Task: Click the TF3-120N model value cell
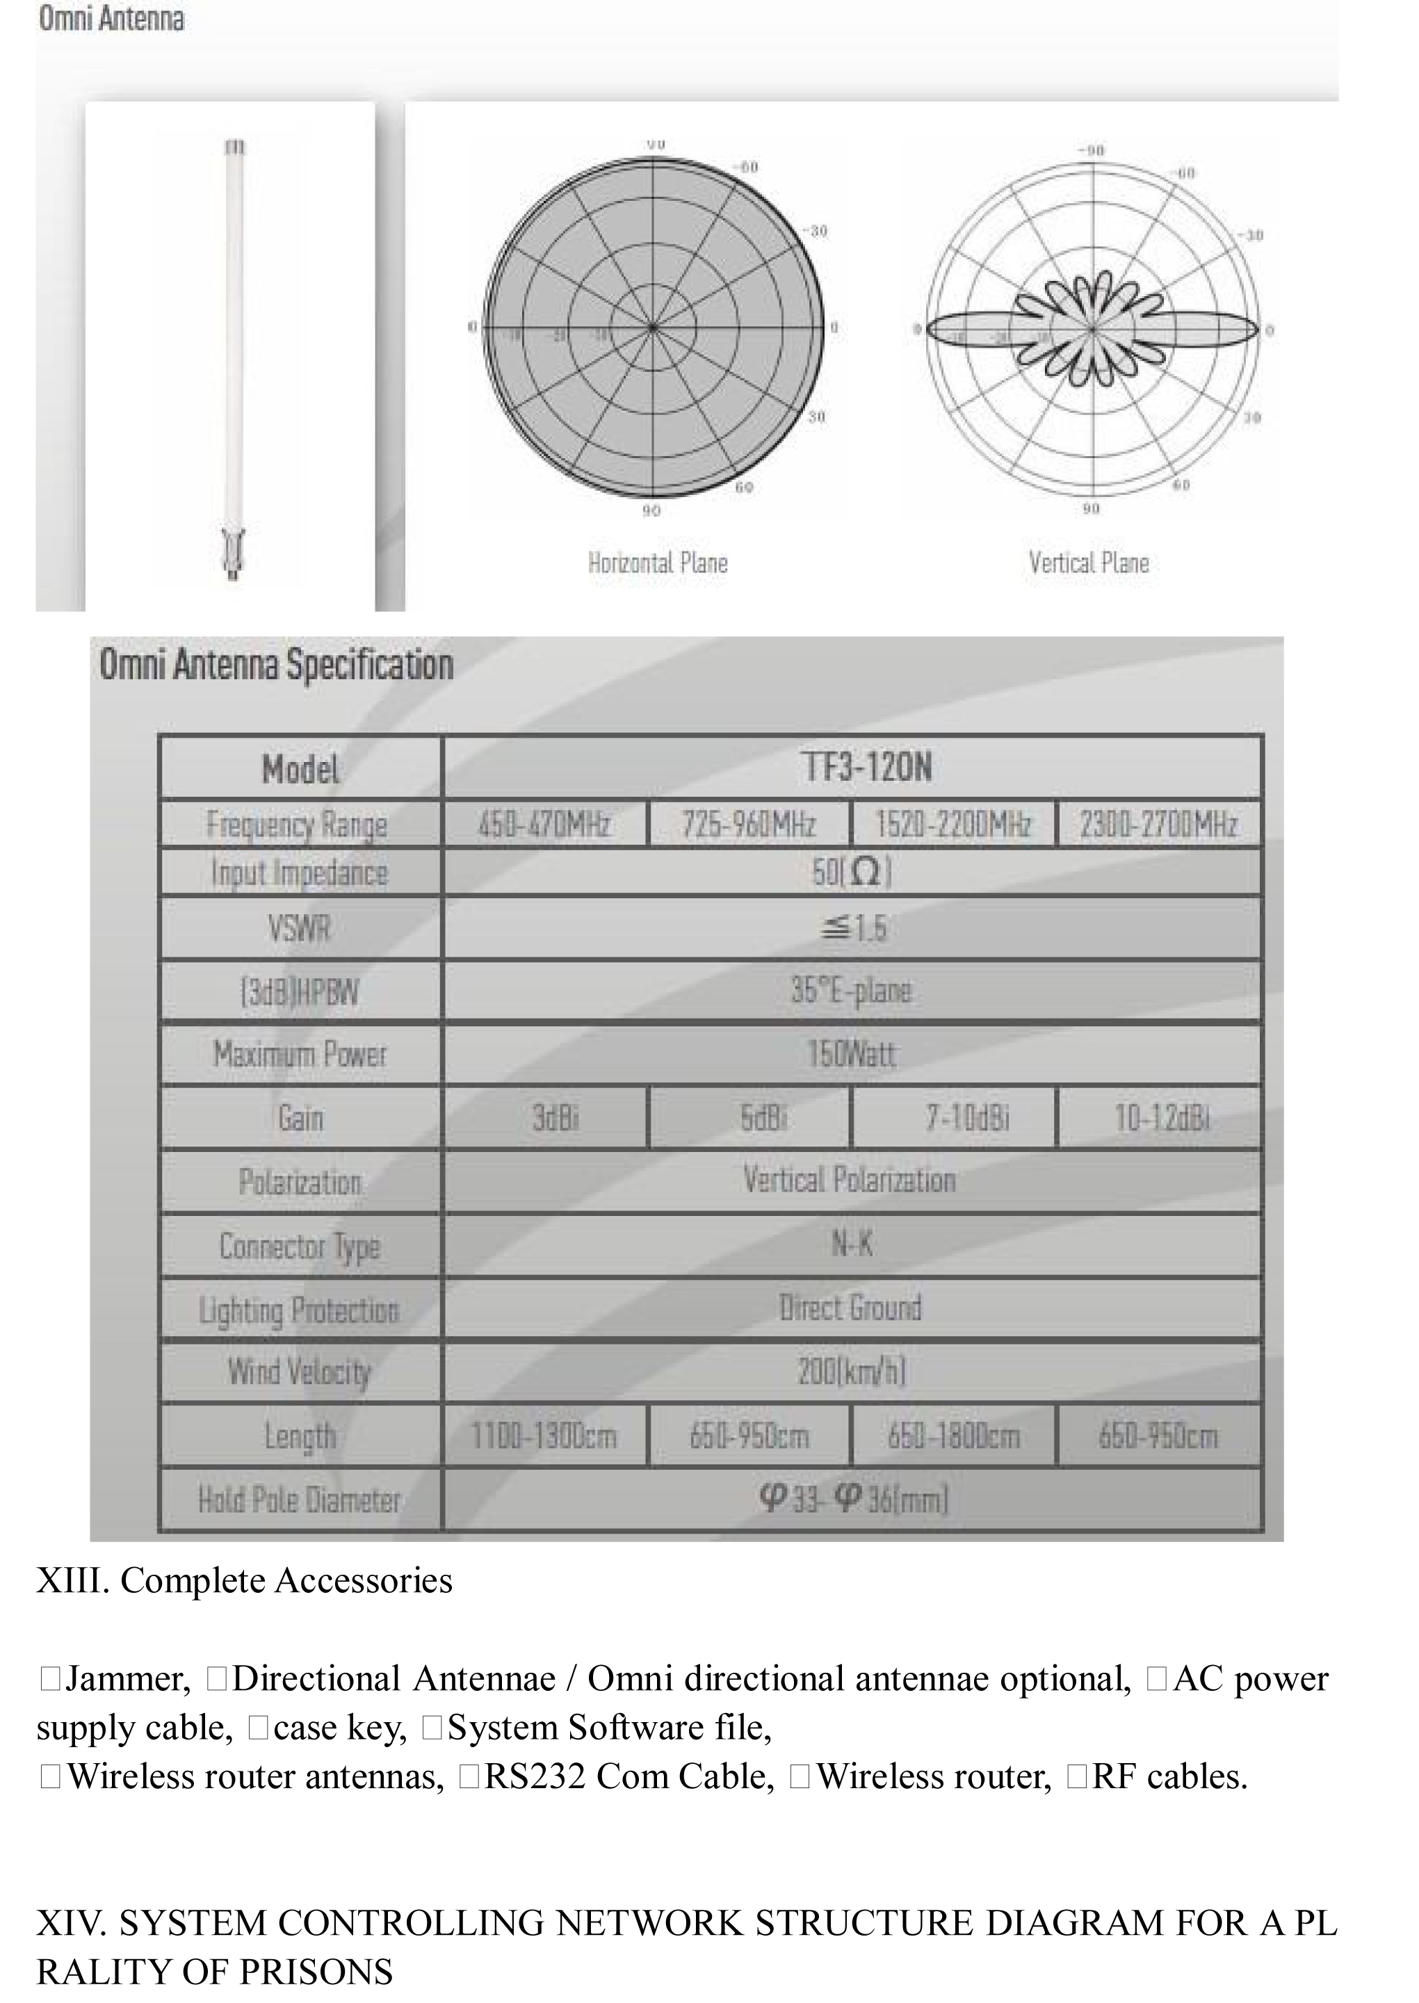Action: pos(866,768)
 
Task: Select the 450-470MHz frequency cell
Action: pos(544,824)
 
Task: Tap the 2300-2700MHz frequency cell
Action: pos(1158,824)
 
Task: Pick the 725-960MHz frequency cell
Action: pos(749,824)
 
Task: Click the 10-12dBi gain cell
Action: pos(1161,1117)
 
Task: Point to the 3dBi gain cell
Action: pos(555,1117)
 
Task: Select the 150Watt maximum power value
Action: pos(851,1055)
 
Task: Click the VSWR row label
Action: pos(300,927)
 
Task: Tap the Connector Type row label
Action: pos(300,1247)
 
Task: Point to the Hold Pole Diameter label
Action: pos(300,1500)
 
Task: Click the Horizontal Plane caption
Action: pos(657,562)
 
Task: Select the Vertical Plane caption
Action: pos(1089,562)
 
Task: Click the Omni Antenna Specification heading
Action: pos(276,665)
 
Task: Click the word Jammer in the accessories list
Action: pos(127,1679)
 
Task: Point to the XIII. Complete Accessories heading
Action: pos(245,1581)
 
